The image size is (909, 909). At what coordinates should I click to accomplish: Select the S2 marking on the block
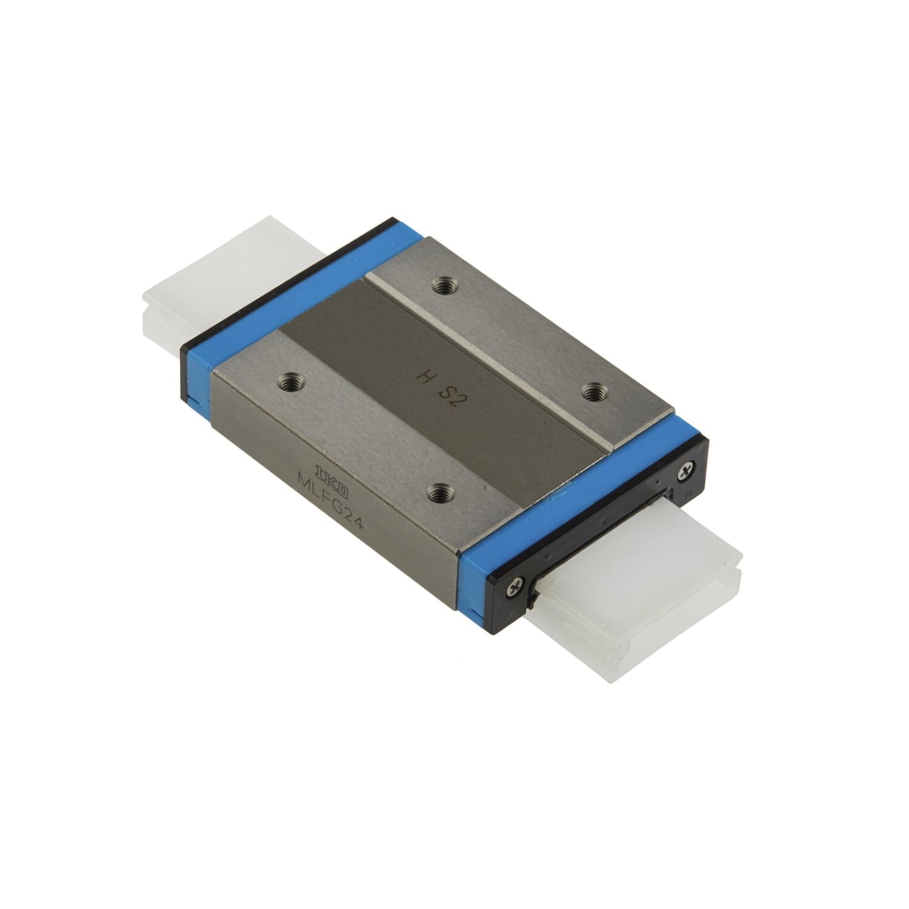tap(452, 396)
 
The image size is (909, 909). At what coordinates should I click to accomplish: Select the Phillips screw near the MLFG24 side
tap(516, 584)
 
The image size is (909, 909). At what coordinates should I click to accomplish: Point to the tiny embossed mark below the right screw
tap(688, 494)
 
